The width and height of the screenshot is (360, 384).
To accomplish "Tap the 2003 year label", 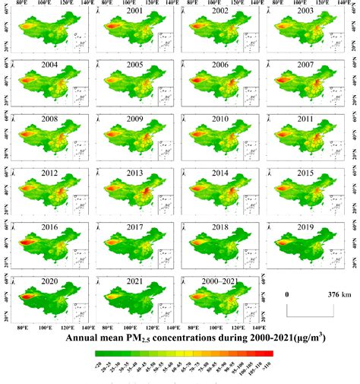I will coord(303,12).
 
